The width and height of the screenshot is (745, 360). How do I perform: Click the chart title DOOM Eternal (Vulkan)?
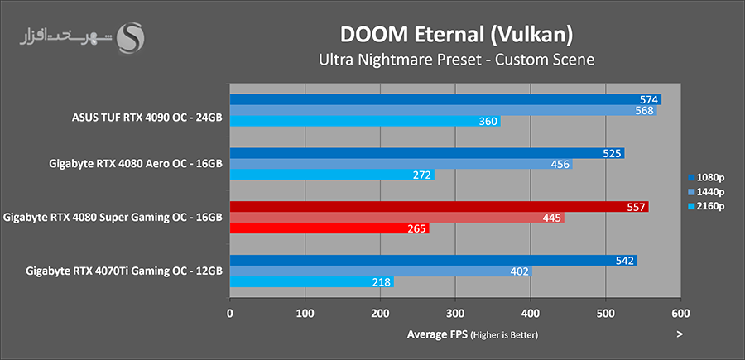456,35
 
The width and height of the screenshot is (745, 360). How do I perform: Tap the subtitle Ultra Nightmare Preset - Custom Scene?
456,60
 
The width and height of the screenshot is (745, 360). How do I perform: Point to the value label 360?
488,122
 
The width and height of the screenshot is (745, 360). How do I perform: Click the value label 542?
625,261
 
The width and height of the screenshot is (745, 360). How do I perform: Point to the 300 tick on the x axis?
455,314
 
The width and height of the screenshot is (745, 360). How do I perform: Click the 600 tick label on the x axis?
680,314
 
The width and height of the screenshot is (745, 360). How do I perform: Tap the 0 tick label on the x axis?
230,314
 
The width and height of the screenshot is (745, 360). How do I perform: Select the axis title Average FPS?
437,334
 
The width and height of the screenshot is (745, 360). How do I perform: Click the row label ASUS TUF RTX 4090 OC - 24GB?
147,117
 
